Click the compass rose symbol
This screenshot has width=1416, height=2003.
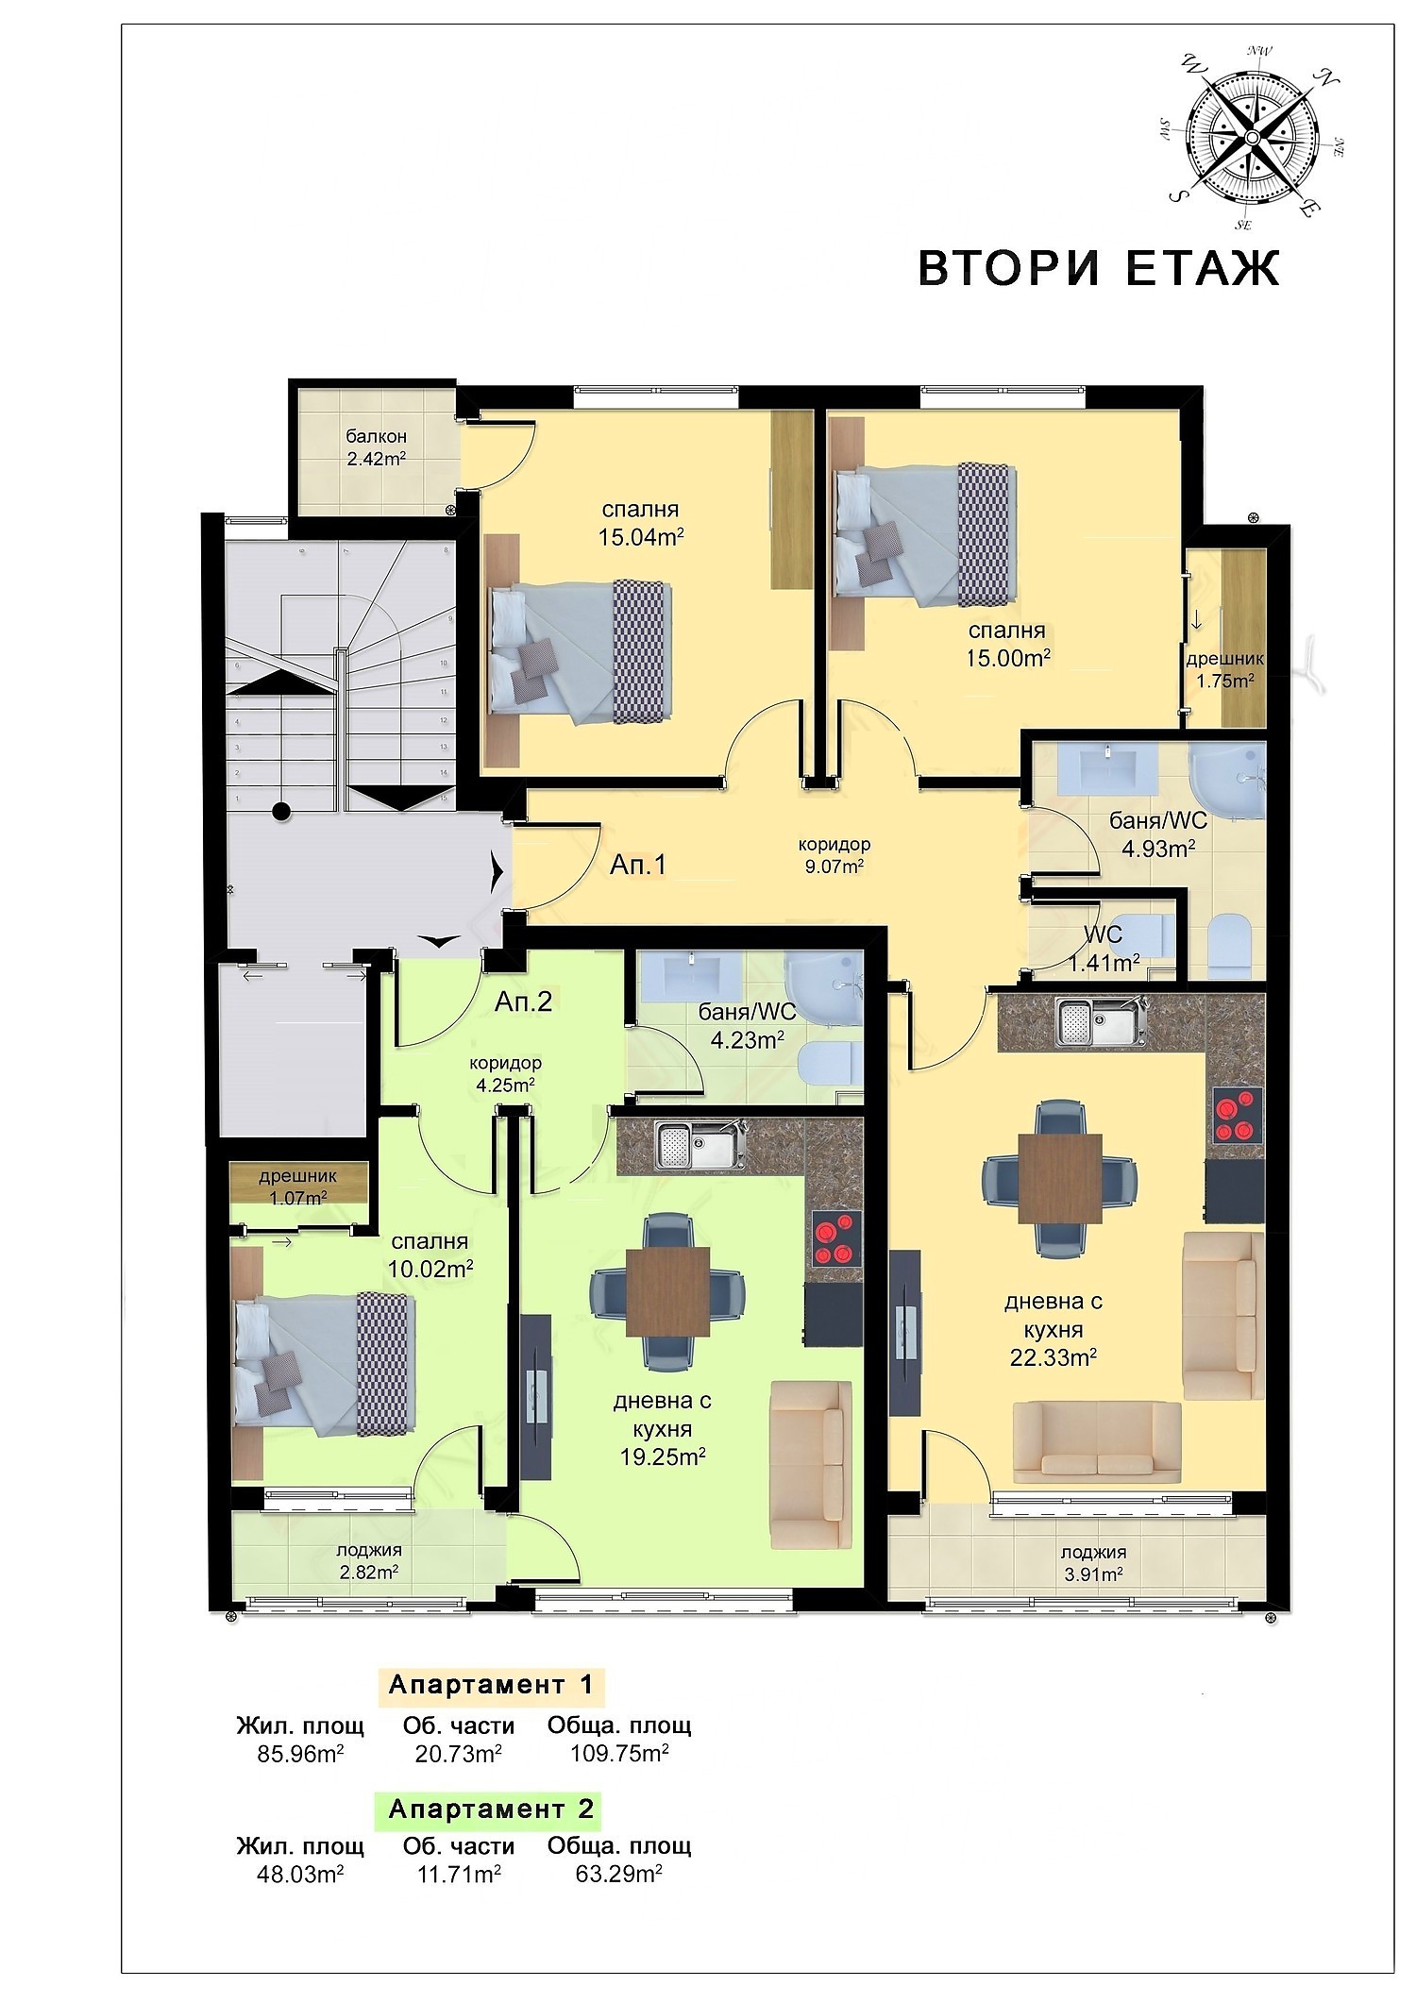point(1251,138)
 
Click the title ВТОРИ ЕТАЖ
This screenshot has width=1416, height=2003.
point(1099,267)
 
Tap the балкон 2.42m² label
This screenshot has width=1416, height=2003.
point(376,448)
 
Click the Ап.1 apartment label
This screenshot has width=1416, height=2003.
point(638,864)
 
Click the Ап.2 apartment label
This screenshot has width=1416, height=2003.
point(523,1001)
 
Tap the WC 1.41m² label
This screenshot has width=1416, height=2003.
point(1103,949)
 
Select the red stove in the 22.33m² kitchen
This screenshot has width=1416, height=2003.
point(1238,1116)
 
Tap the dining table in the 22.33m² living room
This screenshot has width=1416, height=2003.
point(1059,1175)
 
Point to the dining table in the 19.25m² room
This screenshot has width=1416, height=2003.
point(668,1291)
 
